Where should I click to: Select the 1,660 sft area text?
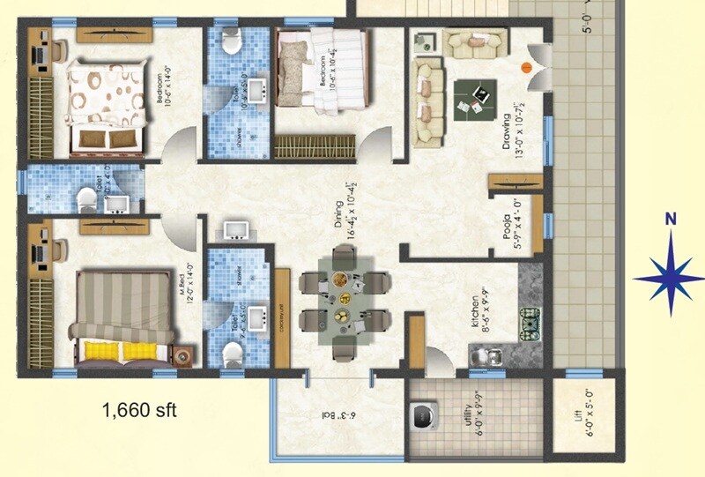coord(140,410)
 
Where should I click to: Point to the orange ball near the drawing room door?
coord(527,66)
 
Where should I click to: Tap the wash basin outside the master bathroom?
coord(236,231)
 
